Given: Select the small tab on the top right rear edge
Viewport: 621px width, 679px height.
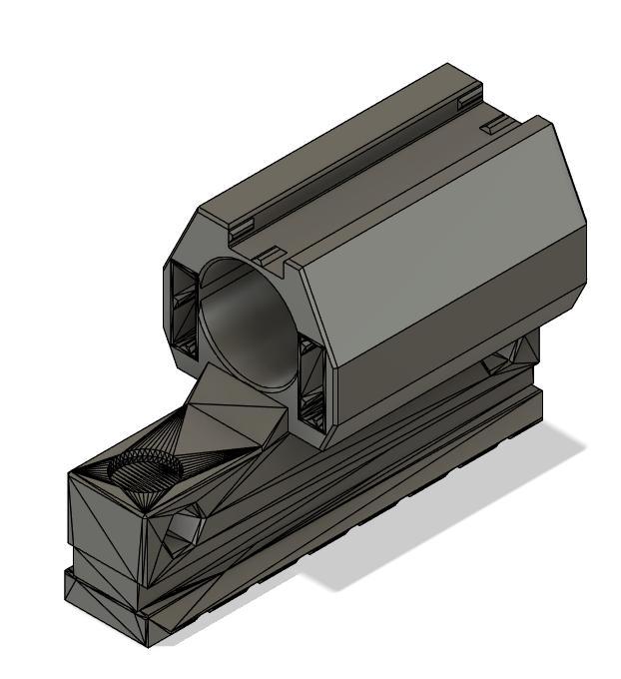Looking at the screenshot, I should click(492, 127).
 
